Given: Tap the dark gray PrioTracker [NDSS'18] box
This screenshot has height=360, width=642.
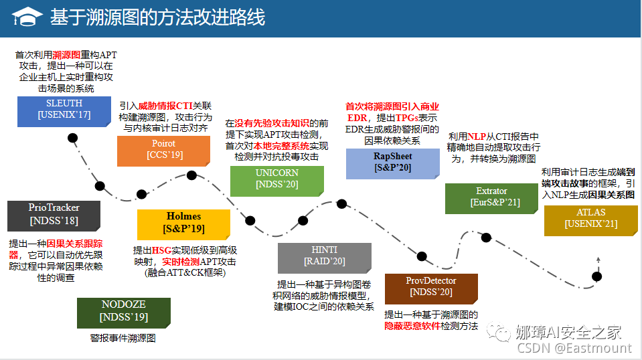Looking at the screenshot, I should pyautogui.click(x=54, y=215).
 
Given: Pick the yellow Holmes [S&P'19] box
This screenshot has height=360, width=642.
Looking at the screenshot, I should pyautogui.click(x=183, y=223).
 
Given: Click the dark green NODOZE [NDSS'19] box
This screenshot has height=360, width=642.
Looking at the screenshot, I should pyautogui.click(x=124, y=311).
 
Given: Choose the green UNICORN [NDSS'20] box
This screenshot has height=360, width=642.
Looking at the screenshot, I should pyautogui.click(x=276, y=179).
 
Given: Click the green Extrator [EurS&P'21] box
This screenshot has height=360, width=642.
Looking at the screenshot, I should pyautogui.click(x=491, y=198).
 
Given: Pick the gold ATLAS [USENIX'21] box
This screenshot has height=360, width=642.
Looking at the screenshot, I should pyautogui.click(x=590, y=220).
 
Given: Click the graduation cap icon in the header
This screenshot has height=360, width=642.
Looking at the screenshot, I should pyautogui.click(x=25, y=18).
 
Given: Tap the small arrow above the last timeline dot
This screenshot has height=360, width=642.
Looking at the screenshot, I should pyautogui.click(x=597, y=259).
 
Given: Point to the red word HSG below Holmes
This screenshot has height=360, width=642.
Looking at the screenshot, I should pyautogui.click(x=162, y=250).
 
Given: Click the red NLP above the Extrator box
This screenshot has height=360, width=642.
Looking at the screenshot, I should pyautogui.click(x=477, y=137).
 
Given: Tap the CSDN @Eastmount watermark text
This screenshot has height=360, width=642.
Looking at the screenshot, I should pyautogui.click(x=574, y=348).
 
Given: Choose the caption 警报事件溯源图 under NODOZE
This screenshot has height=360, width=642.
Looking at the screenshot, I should pyautogui.click(x=123, y=338).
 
